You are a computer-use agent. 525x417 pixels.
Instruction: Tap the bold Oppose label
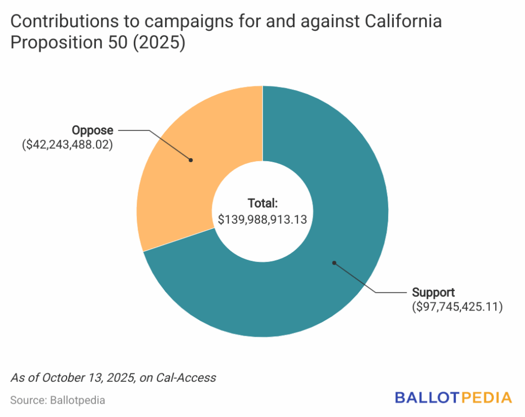pyautogui.click(x=92, y=130)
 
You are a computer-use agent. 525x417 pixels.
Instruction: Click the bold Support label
pyautogui.click(x=433, y=293)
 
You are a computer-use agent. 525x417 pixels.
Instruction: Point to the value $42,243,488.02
pyautogui.click(x=67, y=145)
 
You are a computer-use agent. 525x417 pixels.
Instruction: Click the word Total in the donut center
pyautogui.click(x=262, y=203)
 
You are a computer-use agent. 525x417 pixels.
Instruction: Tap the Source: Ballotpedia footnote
pyautogui.click(x=57, y=400)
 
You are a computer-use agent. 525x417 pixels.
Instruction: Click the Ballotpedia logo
pyautogui.click(x=453, y=398)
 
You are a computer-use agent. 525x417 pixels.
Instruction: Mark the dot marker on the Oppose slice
pyautogui.click(x=191, y=160)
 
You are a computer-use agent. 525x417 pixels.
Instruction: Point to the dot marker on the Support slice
pyautogui.click(x=334, y=263)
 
